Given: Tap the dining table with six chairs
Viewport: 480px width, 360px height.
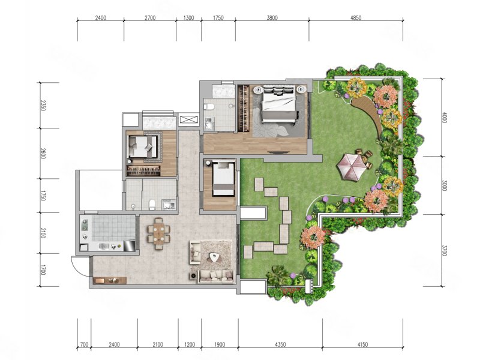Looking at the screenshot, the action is [x=158, y=233].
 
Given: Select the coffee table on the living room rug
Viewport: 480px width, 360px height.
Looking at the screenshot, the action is [x=214, y=257].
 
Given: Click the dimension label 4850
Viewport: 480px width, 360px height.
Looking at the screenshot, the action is [x=356, y=18].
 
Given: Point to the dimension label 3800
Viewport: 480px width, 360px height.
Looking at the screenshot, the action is [x=272, y=18].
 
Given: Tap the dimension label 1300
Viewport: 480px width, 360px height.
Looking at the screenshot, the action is [x=188, y=18].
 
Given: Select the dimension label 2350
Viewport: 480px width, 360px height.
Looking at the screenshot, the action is [x=43, y=106].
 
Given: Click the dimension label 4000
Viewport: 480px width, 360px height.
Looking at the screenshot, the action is [x=445, y=118].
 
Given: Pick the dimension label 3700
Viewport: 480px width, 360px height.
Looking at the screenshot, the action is [x=445, y=250].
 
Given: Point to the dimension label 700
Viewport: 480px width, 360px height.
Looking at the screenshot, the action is [x=84, y=344].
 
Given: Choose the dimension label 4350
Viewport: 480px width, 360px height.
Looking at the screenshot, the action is [x=280, y=344].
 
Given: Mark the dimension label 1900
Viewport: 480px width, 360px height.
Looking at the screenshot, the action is [x=219, y=344].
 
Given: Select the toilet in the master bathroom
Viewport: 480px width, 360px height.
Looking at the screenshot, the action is [x=209, y=107].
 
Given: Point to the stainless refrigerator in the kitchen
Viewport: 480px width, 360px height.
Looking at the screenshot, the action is [x=129, y=245].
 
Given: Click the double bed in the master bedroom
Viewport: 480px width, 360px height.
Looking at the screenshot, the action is [x=279, y=104].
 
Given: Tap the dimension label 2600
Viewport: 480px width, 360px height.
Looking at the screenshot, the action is [x=43, y=154].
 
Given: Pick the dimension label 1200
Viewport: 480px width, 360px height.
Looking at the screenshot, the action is [x=190, y=344].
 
